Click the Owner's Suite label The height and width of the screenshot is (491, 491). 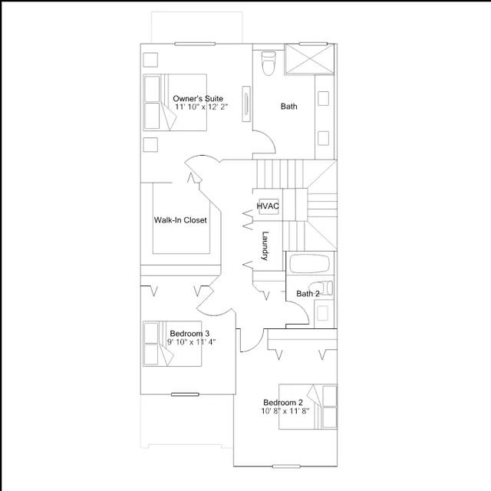tap(198, 99)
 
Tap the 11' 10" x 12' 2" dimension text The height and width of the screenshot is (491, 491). tap(201, 107)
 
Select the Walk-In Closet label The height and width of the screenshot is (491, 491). tap(180, 220)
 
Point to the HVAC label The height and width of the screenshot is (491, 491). tap(268, 206)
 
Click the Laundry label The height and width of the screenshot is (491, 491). tap(265, 245)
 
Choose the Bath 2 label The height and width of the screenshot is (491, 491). tap(308, 294)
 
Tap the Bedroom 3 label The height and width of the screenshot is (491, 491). tap(189, 334)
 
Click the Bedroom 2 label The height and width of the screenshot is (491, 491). tap(283, 402)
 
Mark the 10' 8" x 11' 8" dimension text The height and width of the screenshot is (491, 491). tap(285, 411)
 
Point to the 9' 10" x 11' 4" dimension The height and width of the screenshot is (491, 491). tap(191, 341)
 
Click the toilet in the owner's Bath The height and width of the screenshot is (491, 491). tap(269, 63)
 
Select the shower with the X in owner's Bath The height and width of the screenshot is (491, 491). tap(309, 59)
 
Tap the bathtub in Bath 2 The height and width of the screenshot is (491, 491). tap(309, 264)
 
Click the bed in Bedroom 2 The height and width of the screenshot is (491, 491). tap(308, 407)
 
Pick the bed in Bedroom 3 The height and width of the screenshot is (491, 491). tap(172, 344)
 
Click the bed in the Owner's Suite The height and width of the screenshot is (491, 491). tap(175, 102)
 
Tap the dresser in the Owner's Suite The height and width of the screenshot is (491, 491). tap(246, 104)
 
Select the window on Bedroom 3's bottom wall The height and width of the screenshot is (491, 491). tap(185, 394)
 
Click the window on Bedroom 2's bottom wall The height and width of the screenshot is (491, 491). tap(286, 466)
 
